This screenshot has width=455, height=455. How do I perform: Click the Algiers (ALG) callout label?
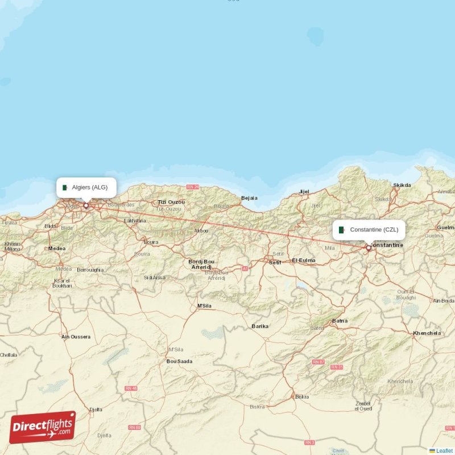coord(86,187)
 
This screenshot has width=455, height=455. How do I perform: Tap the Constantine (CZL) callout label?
coord(369,230)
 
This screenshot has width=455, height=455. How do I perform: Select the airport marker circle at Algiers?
coord(86,205)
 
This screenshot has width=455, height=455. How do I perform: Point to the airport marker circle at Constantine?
coord(369,248)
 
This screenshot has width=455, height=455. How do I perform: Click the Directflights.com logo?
coord(43,427)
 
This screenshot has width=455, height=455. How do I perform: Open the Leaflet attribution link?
coord(444,450)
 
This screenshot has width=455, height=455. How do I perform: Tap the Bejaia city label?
coord(249,198)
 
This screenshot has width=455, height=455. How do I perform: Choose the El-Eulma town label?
coord(303,260)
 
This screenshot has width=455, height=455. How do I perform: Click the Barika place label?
coord(260,326)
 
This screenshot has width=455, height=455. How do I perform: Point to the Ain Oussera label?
coord(76,337)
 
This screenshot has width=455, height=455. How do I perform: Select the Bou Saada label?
coord(179,361)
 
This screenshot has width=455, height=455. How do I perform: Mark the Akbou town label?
coord(201,230)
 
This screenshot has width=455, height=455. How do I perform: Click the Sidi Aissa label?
coord(155,278)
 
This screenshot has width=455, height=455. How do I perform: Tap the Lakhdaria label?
coord(135,220)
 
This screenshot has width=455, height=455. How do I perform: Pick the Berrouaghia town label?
coord(90,270)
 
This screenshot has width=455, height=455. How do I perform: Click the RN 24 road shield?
coord(193,187)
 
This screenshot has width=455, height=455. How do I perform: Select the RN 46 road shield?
coord(131,388)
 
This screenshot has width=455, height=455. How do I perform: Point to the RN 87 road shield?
coord(318,362)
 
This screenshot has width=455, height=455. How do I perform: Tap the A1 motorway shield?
coord(245,268)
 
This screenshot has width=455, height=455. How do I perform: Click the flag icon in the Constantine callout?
coord(342,230)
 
